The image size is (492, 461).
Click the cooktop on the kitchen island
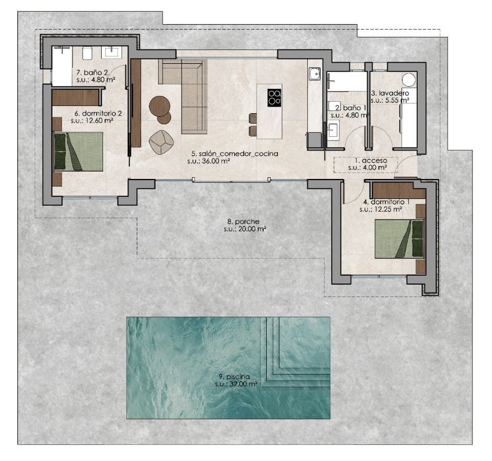(274, 97)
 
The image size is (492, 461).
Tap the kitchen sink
(314, 74)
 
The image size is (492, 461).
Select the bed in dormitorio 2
(79, 152)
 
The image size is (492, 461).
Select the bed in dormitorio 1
(399, 239)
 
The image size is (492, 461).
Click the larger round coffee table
(160, 106)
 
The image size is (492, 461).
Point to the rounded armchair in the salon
(161, 143)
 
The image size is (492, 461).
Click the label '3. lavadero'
(390, 93)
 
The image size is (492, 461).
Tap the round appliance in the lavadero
(410, 79)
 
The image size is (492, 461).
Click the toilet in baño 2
(87, 53)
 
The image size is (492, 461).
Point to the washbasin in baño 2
(112, 52)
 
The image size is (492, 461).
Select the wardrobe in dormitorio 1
(398, 190)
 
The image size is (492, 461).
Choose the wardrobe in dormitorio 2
(76, 97)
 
